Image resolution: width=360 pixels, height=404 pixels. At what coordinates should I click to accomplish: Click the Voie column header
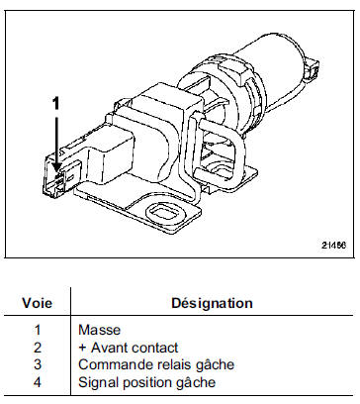(x=37, y=303)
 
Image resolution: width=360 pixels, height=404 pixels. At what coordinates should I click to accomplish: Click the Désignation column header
(x=212, y=303)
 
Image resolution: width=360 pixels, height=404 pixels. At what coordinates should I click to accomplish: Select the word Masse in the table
(x=99, y=330)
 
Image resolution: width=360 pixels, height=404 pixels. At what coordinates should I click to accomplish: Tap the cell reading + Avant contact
(x=129, y=348)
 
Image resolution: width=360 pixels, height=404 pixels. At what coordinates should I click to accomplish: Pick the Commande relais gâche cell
(x=156, y=365)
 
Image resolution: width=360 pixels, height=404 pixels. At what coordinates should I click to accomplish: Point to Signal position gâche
(x=147, y=383)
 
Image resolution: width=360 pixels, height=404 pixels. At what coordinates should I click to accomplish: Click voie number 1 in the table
(x=38, y=330)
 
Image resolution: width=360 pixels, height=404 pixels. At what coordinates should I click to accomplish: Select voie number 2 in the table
(x=38, y=348)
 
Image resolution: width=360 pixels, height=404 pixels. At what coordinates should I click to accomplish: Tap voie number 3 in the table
(x=38, y=365)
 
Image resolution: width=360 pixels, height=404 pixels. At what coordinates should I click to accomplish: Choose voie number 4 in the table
(x=38, y=383)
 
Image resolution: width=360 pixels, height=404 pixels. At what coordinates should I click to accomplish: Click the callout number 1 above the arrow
(x=56, y=103)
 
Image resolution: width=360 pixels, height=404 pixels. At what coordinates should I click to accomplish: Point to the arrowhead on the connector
(x=57, y=167)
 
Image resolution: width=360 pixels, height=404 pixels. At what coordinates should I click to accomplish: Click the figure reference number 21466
(x=333, y=246)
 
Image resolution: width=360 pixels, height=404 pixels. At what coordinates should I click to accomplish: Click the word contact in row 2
(x=154, y=348)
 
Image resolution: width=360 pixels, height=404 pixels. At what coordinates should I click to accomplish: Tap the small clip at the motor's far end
(x=312, y=69)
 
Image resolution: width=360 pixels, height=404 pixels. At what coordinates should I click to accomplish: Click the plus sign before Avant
(x=82, y=348)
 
